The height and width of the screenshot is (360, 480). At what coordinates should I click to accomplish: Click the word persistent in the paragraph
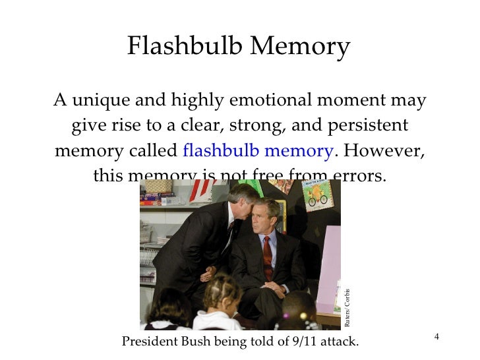tap(372, 125)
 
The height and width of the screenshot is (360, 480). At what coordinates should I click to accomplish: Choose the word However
tap(384, 150)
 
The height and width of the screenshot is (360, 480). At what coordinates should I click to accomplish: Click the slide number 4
tap(436, 338)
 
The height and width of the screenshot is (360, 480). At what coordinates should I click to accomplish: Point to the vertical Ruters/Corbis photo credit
tap(347, 308)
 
